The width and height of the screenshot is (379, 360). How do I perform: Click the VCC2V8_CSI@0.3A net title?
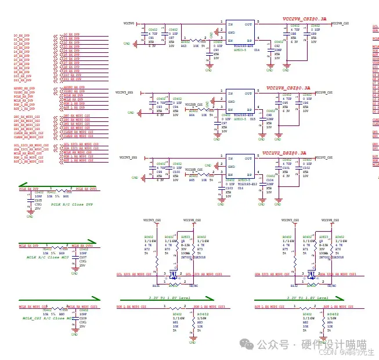[304, 19]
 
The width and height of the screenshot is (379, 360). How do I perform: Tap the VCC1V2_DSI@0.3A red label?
[284, 153]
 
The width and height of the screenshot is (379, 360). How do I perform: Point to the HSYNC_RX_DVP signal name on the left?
[24, 87]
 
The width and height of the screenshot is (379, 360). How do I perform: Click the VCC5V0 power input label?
[129, 23]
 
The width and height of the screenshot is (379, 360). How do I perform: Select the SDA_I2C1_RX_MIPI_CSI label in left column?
[27, 149]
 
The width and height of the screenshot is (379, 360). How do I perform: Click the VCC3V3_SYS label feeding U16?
[128, 157]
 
